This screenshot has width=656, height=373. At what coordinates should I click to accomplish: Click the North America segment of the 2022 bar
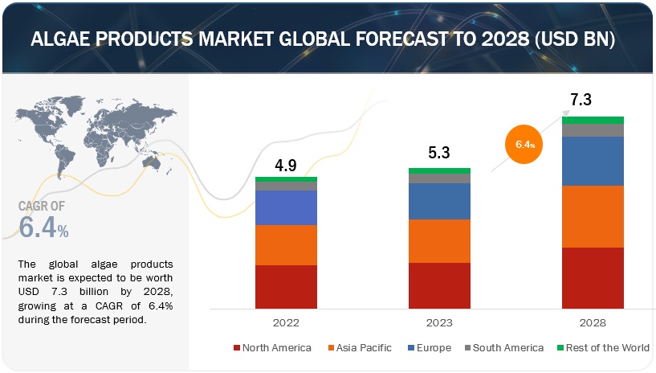(286, 287)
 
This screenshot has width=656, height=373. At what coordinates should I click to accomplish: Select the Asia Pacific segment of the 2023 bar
(439, 241)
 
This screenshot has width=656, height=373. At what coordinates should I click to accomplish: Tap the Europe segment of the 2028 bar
(593, 161)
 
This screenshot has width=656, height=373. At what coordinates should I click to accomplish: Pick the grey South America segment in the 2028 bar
(593, 130)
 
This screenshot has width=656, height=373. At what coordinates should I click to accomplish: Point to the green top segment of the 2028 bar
(593, 120)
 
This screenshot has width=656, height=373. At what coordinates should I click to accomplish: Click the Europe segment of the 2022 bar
(286, 207)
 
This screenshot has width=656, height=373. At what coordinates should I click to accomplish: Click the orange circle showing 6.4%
(524, 145)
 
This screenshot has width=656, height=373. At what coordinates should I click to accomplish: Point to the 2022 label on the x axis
(286, 322)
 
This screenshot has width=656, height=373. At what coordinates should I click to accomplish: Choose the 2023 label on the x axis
(439, 322)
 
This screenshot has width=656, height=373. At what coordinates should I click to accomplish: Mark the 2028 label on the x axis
(593, 322)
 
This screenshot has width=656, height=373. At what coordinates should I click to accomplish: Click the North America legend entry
(272, 348)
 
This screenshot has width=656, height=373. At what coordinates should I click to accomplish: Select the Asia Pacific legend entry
(360, 348)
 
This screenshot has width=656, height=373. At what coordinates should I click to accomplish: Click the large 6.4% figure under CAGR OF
(43, 228)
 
